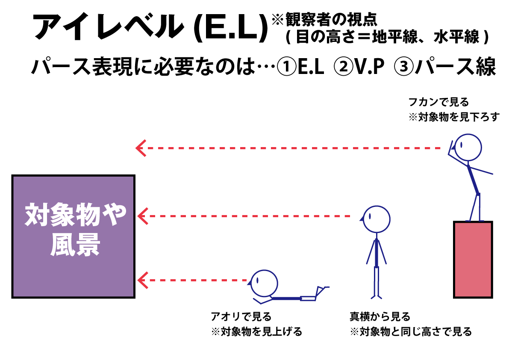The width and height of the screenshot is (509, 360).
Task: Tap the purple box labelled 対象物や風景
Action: coord(74,236)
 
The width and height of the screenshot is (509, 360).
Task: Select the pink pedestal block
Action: coord(473,259)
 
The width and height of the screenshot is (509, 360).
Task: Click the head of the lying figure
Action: coord(264,283)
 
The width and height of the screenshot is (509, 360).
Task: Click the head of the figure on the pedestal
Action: coord(467,147)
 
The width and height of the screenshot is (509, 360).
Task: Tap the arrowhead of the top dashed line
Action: coord(141,148)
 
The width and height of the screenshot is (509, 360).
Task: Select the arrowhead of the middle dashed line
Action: coord(142,216)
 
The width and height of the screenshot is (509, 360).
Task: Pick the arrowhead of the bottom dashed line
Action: coord(142,280)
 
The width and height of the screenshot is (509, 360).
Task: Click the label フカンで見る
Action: coord(439,102)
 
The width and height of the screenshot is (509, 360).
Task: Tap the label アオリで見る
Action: coord(241,317)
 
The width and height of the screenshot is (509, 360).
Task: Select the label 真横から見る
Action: coord(380,317)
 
